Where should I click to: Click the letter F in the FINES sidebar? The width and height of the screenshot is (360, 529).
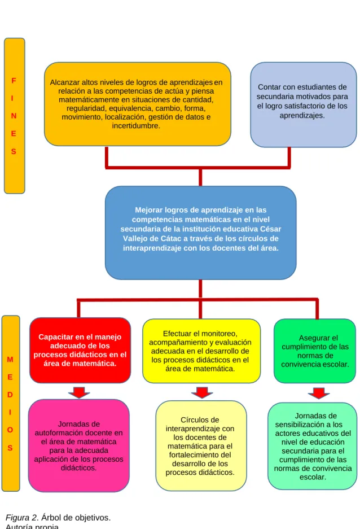14,81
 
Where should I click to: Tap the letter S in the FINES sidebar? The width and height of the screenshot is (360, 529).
14,151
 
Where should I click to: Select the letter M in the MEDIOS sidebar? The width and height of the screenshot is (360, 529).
10,360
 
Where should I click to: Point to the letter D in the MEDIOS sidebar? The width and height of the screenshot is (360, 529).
10,395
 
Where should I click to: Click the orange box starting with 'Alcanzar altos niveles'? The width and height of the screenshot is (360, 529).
138,104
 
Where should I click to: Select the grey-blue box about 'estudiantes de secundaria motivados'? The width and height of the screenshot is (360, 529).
304,104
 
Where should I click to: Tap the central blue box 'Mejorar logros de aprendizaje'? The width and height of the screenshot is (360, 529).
200,233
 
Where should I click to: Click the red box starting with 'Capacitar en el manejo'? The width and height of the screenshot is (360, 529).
80,350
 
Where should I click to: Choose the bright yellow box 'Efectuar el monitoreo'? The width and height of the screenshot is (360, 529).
201,351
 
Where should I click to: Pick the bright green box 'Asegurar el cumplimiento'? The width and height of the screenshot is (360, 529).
315,351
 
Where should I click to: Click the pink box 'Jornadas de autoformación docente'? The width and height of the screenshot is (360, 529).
79,445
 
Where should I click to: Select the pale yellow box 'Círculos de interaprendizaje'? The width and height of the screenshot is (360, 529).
201,445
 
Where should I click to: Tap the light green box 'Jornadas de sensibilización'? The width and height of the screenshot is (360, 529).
313,446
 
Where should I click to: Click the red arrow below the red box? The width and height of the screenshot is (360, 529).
79,392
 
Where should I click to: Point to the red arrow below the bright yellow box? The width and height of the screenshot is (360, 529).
202,392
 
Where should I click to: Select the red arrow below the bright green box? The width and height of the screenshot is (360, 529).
319,393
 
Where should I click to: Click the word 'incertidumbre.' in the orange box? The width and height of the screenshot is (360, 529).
136,126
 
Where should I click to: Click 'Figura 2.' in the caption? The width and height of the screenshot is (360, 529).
22,518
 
